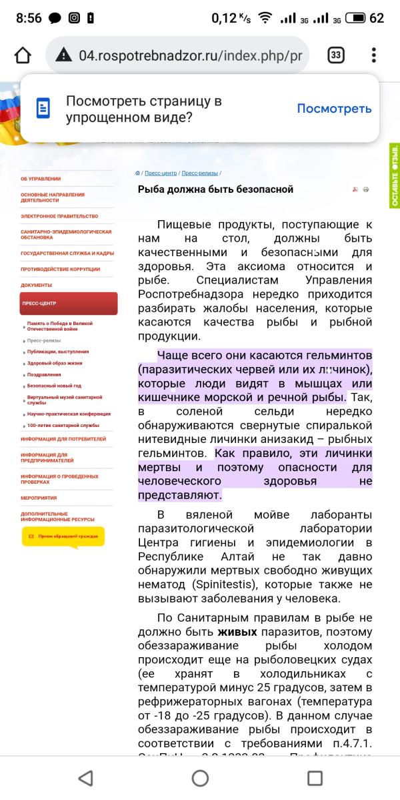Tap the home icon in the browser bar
click(x=23, y=55)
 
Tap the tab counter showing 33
click(x=336, y=55)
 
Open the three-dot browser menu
click(x=374, y=55)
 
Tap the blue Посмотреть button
click(x=334, y=109)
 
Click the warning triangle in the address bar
click(x=63, y=55)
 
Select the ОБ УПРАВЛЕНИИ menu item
click(x=41, y=179)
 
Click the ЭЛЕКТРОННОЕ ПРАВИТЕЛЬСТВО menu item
click(x=59, y=216)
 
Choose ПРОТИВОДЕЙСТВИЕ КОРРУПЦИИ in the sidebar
click(x=60, y=270)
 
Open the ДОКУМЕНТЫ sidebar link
click(x=36, y=286)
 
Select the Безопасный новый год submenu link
click(x=54, y=386)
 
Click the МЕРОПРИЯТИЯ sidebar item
click(x=39, y=498)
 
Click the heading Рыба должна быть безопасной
click(x=215, y=189)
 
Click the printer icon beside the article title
click(x=366, y=189)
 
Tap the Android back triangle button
click(x=85, y=777)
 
